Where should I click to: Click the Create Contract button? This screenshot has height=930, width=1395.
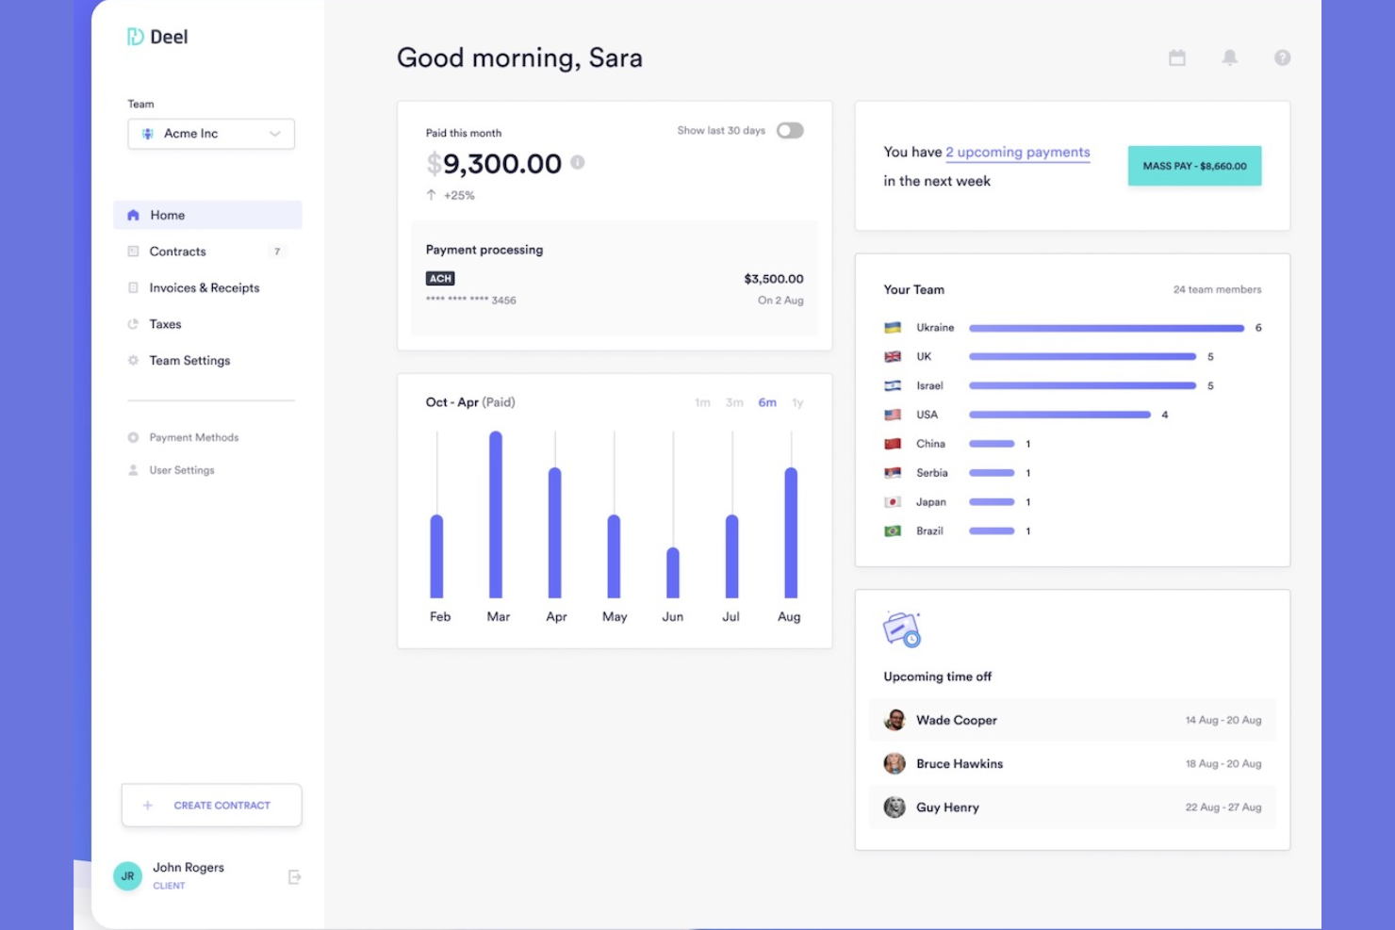tap(211, 806)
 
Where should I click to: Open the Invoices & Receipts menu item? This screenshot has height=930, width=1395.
tap(204, 288)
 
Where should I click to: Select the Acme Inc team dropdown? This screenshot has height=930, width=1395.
tap(211, 134)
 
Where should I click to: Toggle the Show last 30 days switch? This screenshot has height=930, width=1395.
tap(790, 131)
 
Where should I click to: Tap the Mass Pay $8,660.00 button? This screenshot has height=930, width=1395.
tap(1194, 166)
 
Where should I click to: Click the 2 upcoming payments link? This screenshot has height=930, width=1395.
tap(1018, 153)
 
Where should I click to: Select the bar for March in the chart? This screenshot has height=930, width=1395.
tap(496, 514)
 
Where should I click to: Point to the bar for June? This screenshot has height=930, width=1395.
tap(673, 573)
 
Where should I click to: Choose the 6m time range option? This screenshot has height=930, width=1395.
tap(767, 403)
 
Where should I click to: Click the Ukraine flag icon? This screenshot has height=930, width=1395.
tap(893, 328)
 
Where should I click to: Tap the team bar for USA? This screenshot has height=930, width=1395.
tap(1059, 415)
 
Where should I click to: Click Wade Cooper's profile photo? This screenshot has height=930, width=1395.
tap(894, 721)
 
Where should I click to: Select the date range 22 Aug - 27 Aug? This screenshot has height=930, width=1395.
tap(1223, 808)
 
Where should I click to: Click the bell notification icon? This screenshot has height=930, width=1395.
tap(1230, 57)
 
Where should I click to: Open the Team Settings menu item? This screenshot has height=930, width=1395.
tap(189, 361)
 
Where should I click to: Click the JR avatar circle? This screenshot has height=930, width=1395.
tap(128, 876)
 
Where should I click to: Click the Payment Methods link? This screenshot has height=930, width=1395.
tap(193, 438)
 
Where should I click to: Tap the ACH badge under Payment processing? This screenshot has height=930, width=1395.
tap(440, 279)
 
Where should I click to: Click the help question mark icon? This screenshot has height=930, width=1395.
tap(1282, 57)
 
